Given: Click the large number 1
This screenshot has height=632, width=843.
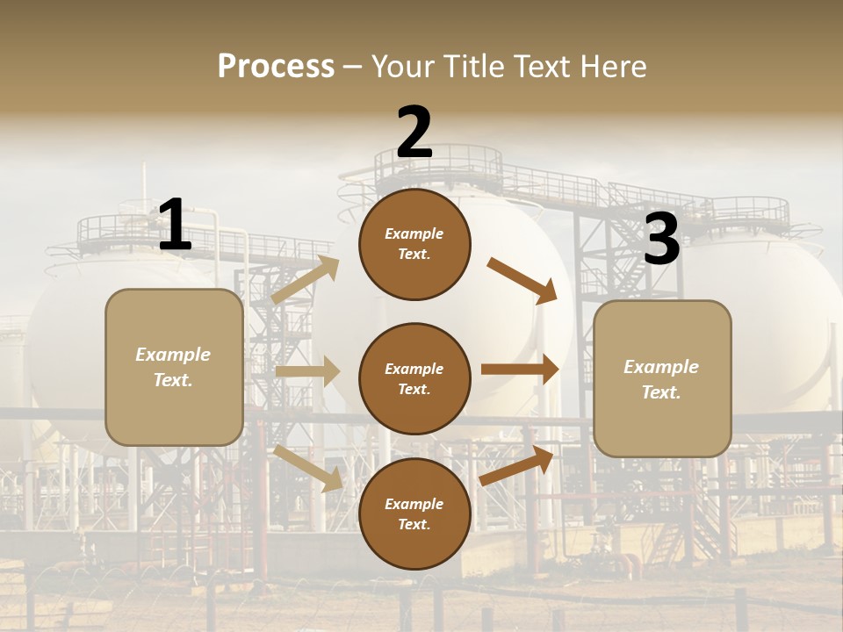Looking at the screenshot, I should pos(175,226).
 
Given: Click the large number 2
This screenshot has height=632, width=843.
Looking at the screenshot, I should pos(414,133).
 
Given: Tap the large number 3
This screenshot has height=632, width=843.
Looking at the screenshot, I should pos(662,240).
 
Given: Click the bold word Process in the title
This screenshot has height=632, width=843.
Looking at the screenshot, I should pos(276,66).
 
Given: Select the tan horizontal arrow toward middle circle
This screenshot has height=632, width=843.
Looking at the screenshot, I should pos(307,371).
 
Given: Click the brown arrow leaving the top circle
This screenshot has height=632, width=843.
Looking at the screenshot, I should pos(522,280).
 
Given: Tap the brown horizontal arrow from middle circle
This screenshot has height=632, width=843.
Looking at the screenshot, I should pos(520,370).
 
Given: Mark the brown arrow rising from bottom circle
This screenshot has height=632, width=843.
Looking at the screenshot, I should pos(517,466).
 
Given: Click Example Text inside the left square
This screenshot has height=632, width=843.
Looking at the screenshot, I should pos(173,367).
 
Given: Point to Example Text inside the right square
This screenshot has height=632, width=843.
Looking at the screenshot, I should pos(661,379).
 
